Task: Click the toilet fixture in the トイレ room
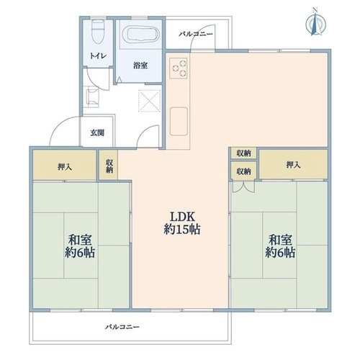point(98,32)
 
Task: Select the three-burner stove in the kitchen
point(179,68)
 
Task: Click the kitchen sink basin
point(179,122)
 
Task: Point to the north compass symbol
point(316,23)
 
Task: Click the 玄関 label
point(97,132)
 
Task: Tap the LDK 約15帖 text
point(182,223)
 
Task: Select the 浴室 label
point(140,66)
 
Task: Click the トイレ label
point(98,56)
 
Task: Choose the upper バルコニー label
point(196,34)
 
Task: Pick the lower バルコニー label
point(122,327)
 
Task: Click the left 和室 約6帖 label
point(80,246)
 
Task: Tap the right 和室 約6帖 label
point(280,246)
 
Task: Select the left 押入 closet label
point(65,167)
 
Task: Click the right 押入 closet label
point(293,165)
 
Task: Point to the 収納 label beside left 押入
point(109,166)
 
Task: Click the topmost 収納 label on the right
point(243,153)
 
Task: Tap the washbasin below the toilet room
point(92,96)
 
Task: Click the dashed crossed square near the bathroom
point(149,101)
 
